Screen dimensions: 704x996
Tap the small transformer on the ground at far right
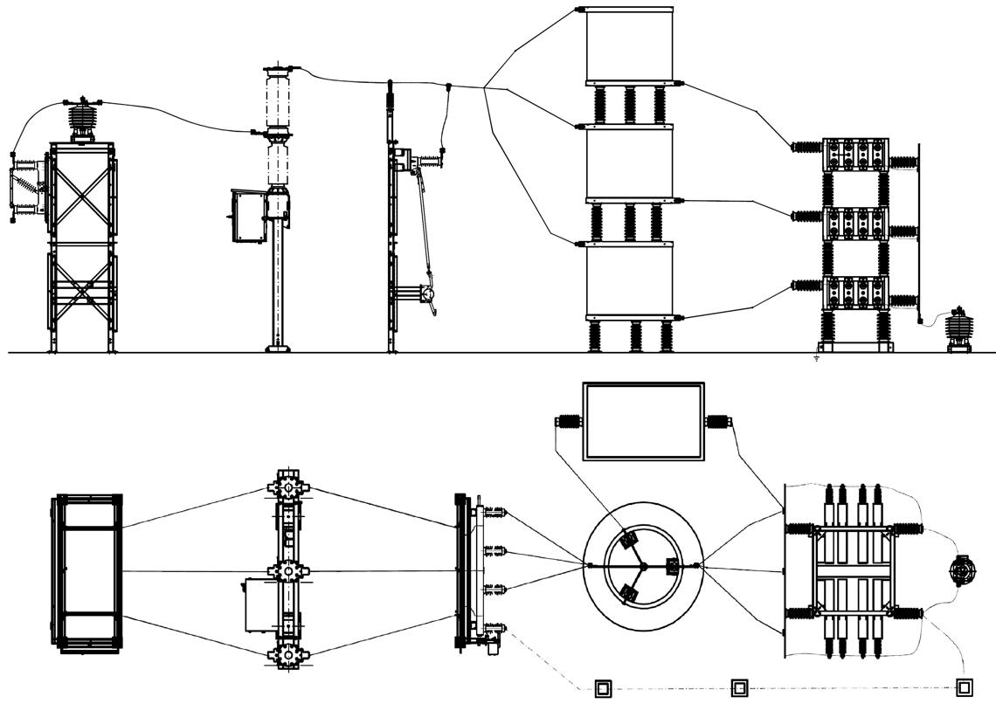point(961,330)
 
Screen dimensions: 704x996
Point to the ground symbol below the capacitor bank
point(816,358)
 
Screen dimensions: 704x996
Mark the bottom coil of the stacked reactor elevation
point(628,279)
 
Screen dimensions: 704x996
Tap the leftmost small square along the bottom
point(603,688)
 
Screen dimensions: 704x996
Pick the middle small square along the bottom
point(739,688)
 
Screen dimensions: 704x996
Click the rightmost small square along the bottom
point(965,687)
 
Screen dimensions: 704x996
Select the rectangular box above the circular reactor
point(643,420)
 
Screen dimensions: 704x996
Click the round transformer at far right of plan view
point(964,572)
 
